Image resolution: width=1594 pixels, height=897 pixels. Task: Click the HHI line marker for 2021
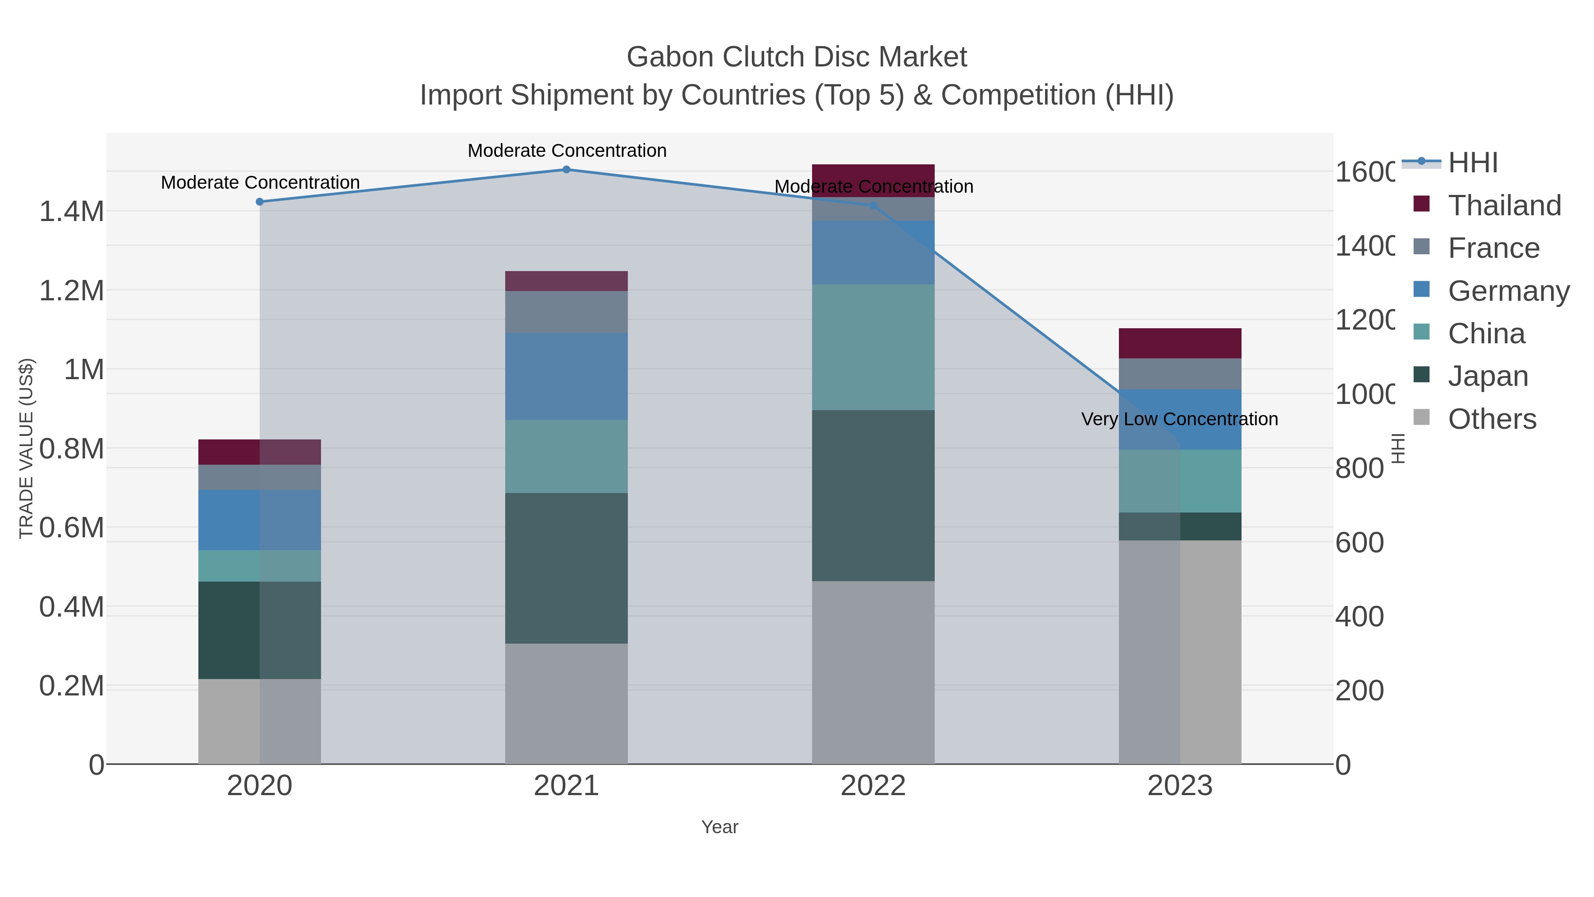[x=566, y=169]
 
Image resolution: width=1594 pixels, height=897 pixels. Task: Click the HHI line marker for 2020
[x=259, y=202]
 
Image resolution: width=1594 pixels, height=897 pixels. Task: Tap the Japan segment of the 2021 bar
[x=566, y=568]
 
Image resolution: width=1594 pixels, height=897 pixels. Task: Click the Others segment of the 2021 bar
[x=566, y=703]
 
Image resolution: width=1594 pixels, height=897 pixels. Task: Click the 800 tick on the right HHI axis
[x=1359, y=469]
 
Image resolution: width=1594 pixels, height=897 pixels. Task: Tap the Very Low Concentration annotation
[x=1180, y=419]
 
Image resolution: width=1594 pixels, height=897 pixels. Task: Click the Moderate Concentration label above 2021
[x=567, y=151]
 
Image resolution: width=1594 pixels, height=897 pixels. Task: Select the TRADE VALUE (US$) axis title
[x=26, y=448]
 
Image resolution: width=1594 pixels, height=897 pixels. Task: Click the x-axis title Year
[x=719, y=827]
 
